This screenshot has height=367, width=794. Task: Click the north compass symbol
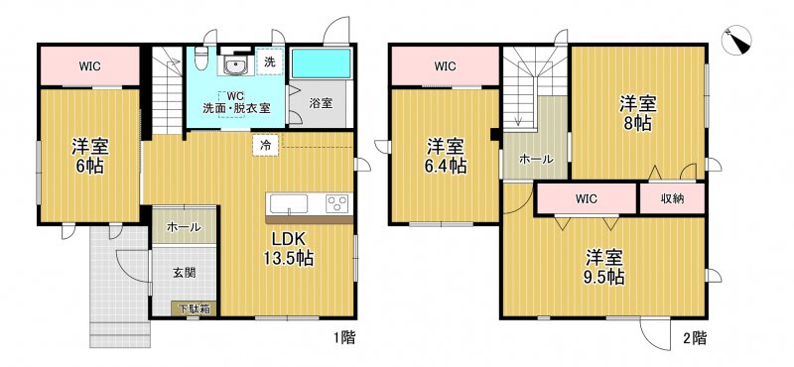coord(736,40)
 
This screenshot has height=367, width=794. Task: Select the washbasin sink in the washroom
coord(235,66)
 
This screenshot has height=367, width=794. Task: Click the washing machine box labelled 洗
coord(270,61)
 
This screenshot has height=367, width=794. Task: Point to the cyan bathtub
coord(321,63)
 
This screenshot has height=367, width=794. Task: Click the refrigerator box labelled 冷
coord(265,145)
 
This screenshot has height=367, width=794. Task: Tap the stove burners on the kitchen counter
coord(337,203)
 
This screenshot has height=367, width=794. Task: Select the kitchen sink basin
coord(289,204)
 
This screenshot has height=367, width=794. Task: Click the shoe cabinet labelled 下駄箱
coord(193,308)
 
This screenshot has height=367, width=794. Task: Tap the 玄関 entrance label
coord(185,273)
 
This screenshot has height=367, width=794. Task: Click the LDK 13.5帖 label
coord(288,249)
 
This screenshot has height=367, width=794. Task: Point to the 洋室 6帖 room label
coord(89,156)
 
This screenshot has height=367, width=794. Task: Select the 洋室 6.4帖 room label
coord(445,156)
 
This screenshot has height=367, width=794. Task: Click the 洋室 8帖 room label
coord(638,114)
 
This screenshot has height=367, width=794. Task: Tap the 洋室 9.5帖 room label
coord(604,268)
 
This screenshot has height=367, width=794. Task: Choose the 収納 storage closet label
coord(673,199)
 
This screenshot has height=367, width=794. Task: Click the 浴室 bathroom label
coord(321,103)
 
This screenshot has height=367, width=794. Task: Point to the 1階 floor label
coord(343,337)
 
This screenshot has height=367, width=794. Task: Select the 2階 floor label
coord(694,337)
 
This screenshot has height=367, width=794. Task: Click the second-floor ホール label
coord(536,159)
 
